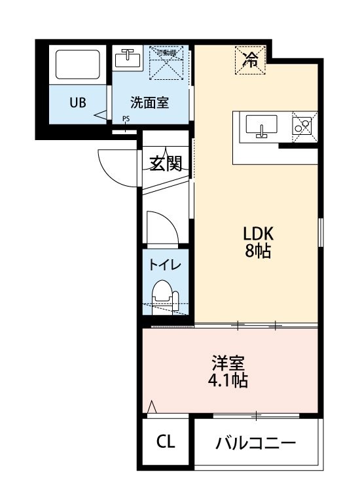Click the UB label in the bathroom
[x=79, y=102]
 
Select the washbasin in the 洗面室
[x=128, y=59]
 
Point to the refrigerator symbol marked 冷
[x=250, y=60]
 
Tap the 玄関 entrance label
[x=165, y=163]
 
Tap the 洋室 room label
[x=229, y=363]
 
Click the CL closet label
[x=166, y=442]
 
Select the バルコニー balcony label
[x=256, y=443]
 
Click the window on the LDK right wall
[x=321, y=232]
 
